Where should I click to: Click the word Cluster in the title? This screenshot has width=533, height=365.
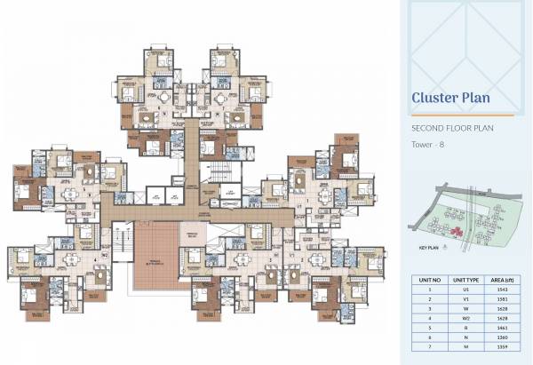click(435, 97)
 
